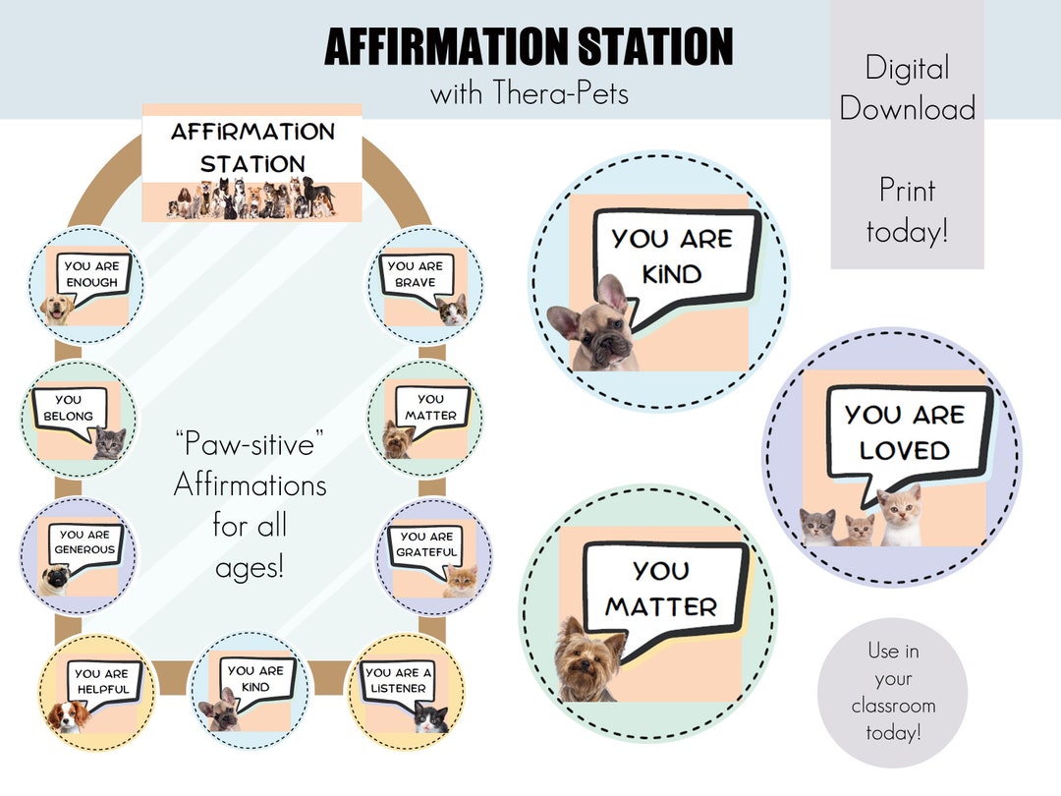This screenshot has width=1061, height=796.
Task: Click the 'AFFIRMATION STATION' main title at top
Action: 529,46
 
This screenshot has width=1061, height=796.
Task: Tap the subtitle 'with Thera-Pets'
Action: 529,94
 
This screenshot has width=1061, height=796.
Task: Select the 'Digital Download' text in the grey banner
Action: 907,87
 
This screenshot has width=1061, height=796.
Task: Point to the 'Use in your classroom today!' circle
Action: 893,692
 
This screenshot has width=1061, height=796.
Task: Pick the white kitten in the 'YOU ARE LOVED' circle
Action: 901,517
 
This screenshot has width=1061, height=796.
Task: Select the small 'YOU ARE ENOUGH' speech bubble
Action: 91,274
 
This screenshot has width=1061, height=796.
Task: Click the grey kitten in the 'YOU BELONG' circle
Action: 109,444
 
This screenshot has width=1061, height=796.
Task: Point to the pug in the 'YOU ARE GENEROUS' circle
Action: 55,580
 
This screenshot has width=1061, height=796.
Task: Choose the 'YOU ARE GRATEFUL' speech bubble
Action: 426,544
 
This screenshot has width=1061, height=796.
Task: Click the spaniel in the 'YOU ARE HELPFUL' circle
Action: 67,716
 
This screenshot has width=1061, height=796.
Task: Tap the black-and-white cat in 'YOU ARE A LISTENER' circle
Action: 430,717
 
